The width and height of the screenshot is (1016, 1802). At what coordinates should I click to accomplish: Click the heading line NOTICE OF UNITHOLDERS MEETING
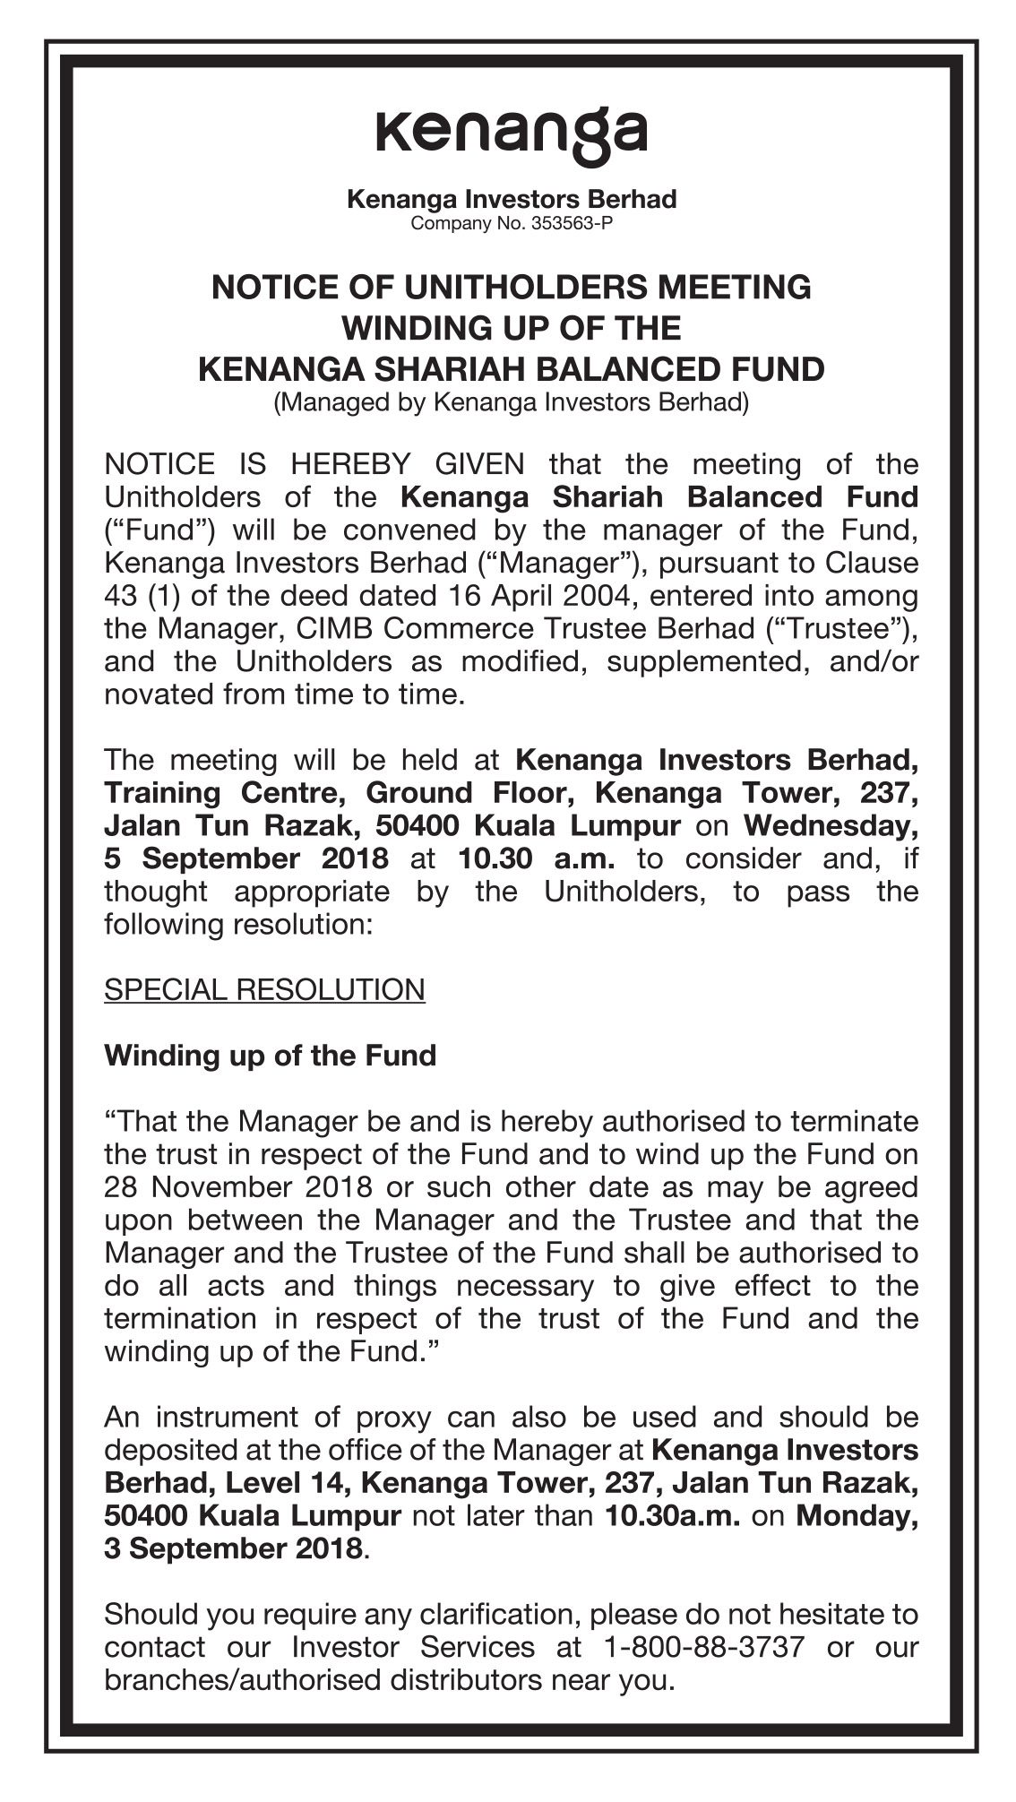pos(511,288)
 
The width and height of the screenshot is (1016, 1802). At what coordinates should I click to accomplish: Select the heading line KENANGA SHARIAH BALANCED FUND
pos(511,369)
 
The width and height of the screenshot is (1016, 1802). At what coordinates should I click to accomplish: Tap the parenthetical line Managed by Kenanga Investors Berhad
pos(511,402)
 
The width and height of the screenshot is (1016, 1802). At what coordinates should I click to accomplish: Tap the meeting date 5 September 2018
pos(246,858)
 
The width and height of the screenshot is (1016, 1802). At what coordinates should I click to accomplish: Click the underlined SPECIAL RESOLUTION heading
pos(264,990)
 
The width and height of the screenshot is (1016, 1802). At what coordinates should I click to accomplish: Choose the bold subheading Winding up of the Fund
pos(270,1056)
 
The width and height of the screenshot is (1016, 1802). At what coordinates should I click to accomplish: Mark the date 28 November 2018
pos(238,1187)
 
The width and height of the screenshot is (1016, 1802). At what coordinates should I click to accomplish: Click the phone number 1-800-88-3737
pos(704,1647)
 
